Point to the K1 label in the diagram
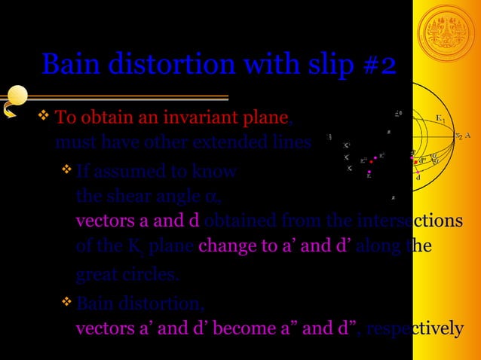[440, 119]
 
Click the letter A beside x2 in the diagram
[468, 136]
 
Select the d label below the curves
[418, 178]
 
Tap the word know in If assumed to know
[216, 172]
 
